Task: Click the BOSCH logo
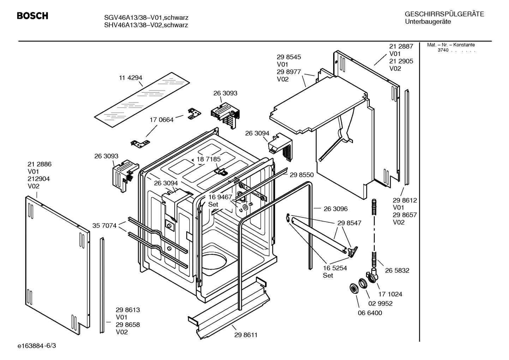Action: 32,16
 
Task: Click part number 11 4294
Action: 130,78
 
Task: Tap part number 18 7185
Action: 209,159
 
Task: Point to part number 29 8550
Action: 301,175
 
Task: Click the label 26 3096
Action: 335,209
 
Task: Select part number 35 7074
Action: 104,225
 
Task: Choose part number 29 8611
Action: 246,335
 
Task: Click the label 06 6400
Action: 370,313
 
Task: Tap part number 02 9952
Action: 380,303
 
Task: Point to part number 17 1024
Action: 390,294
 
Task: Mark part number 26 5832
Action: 397,270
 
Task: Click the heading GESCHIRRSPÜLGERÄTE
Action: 444,14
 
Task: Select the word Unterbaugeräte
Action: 427,22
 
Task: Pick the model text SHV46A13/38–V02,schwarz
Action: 146,25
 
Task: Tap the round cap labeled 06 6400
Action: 353,288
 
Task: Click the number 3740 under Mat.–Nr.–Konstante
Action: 443,50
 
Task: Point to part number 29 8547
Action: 349,223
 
